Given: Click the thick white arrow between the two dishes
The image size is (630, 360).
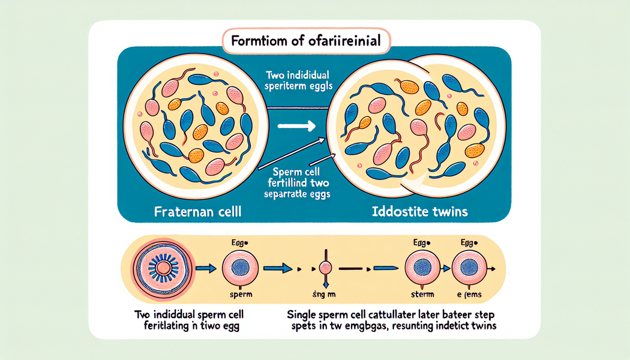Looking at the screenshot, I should click(296, 127).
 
